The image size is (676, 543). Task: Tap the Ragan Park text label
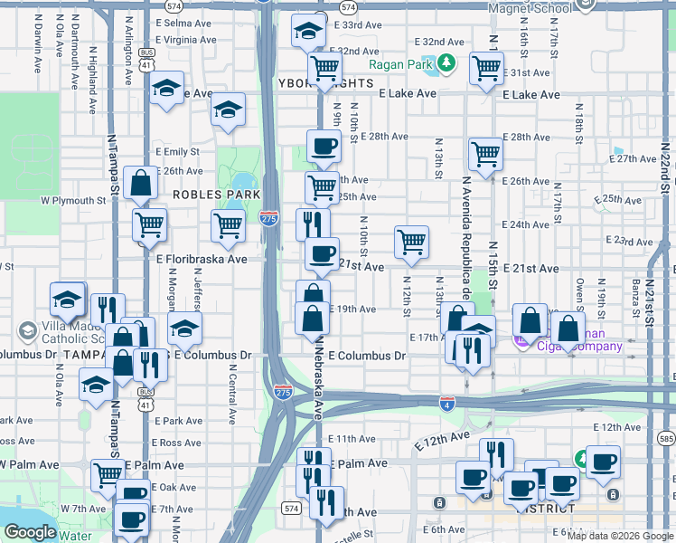click(x=402, y=64)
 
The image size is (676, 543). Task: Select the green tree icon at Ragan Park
click(x=446, y=63)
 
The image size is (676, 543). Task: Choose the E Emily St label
click(x=177, y=152)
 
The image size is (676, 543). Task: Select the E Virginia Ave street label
click(x=187, y=40)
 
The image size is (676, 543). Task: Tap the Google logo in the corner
click(x=30, y=532)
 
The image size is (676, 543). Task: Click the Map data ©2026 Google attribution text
click(x=621, y=536)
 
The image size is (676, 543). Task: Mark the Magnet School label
click(x=530, y=8)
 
